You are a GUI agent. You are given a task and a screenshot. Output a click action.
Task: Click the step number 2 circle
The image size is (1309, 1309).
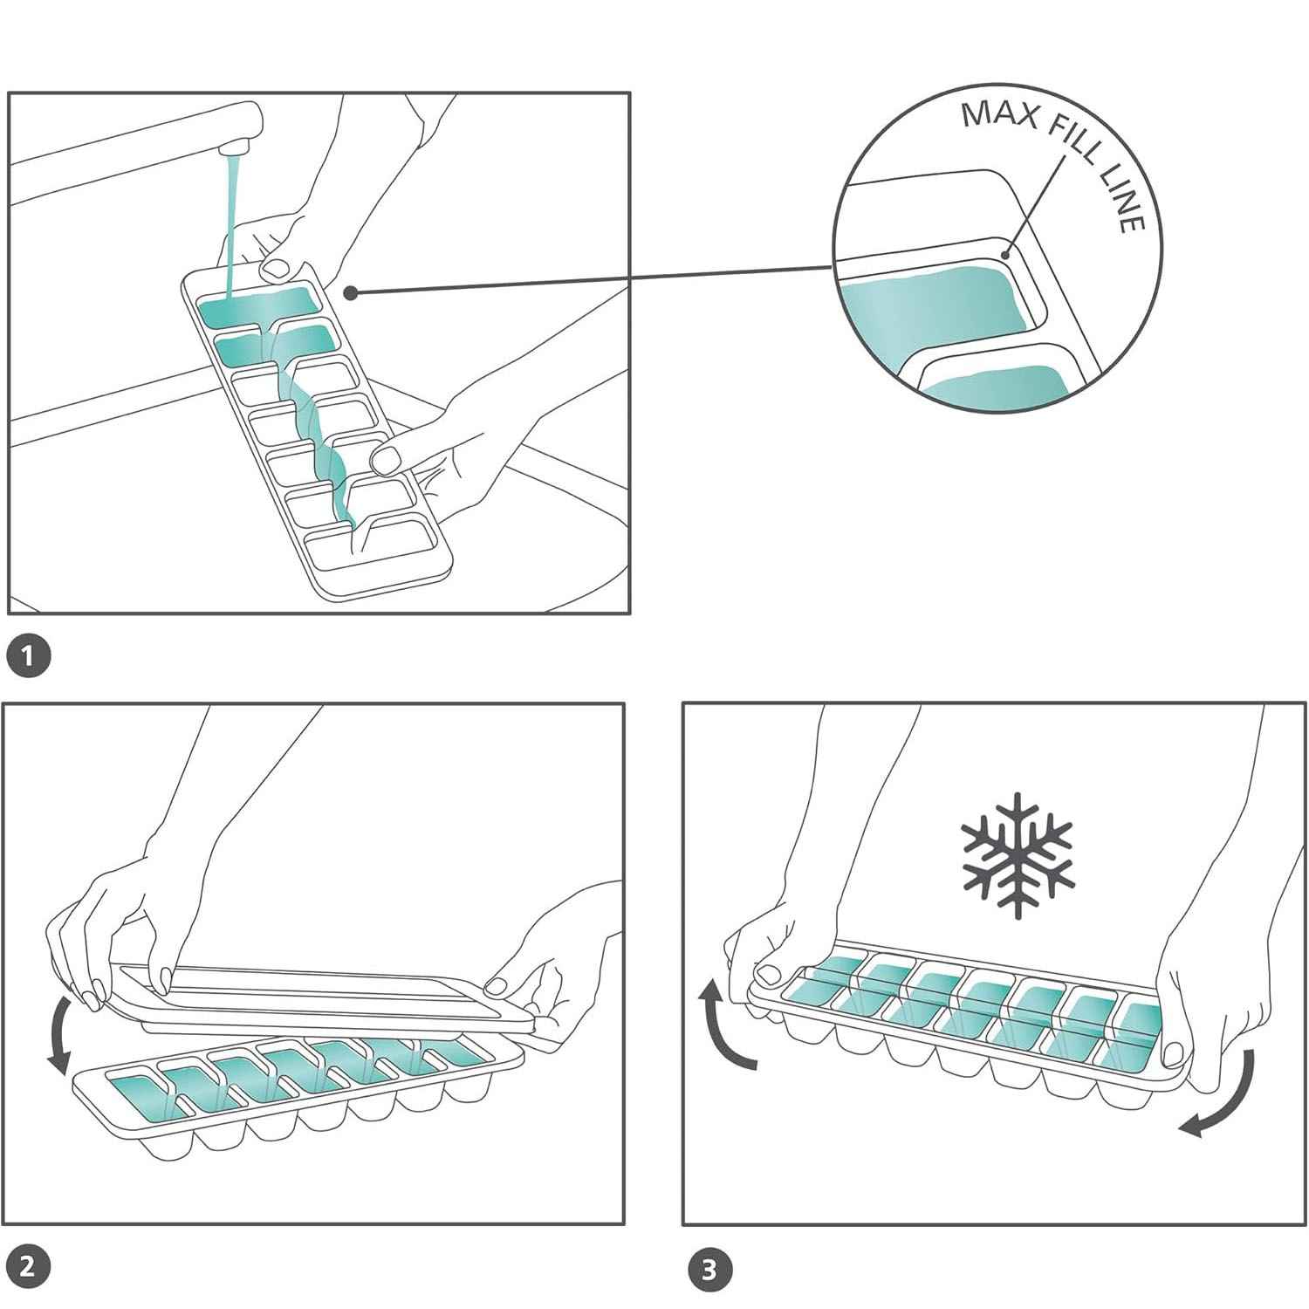[27, 1266]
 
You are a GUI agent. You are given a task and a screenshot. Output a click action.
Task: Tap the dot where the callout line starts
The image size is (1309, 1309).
[350, 293]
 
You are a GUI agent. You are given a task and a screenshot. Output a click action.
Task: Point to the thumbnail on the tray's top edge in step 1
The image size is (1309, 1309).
[278, 268]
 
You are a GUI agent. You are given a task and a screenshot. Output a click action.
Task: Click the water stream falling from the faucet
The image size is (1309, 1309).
[229, 227]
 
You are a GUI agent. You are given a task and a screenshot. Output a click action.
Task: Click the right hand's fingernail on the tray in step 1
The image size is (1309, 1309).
[384, 456]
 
